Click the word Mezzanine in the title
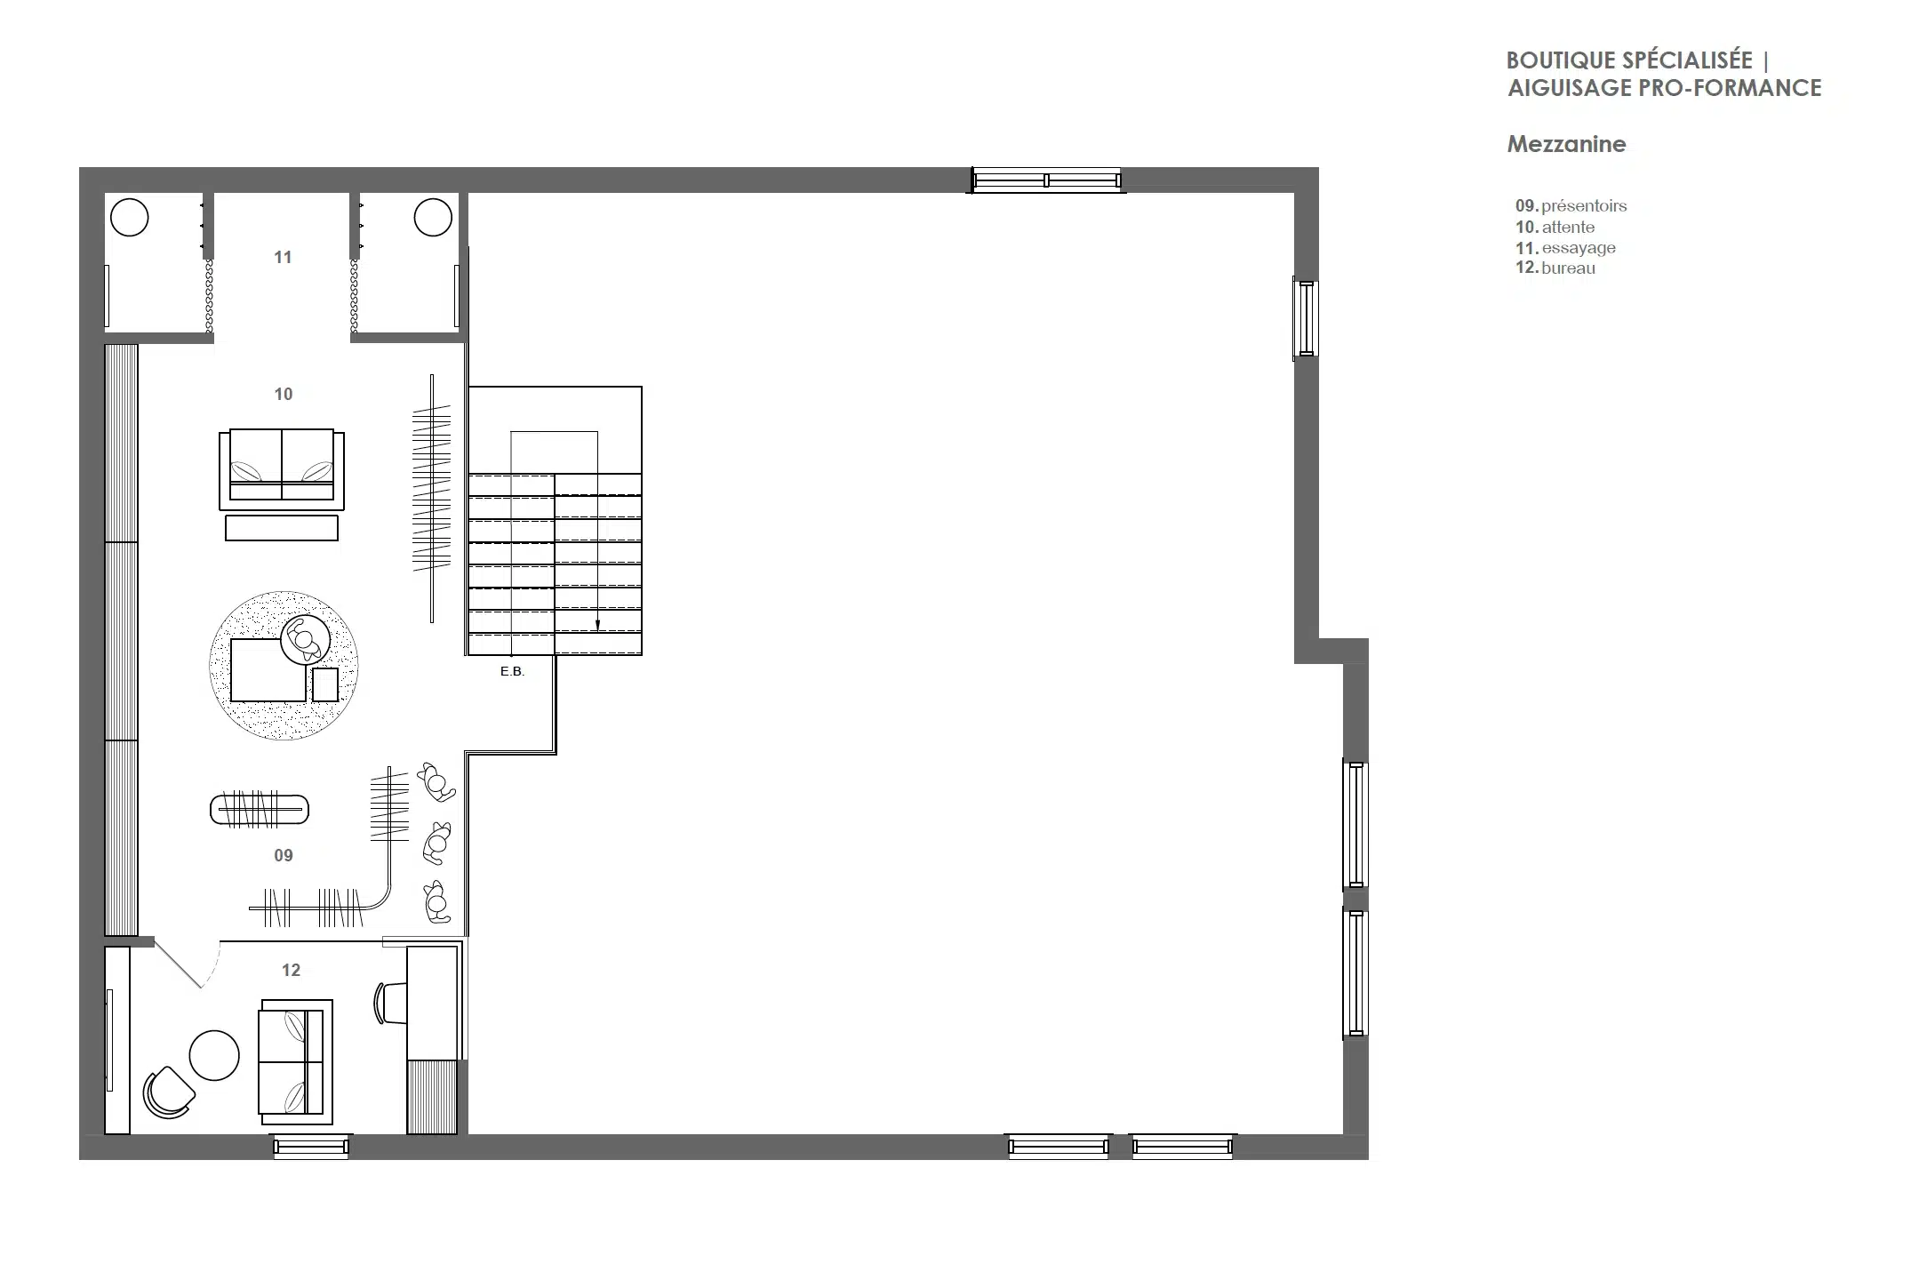(1566, 144)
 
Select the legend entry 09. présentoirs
(1571, 206)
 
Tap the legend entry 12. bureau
(1555, 268)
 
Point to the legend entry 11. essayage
(1565, 248)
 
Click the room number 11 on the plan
(283, 257)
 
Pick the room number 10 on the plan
(284, 394)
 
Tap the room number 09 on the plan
(284, 855)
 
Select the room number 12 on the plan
(292, 970)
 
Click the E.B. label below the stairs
(513, 671)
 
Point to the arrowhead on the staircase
(597, 625)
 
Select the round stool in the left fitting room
(130, 218)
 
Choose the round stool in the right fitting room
(434, 218)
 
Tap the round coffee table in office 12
(214, 1055)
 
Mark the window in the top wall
(1047, 180)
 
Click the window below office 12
(310, 1147)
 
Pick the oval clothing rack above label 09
(260, 810)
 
